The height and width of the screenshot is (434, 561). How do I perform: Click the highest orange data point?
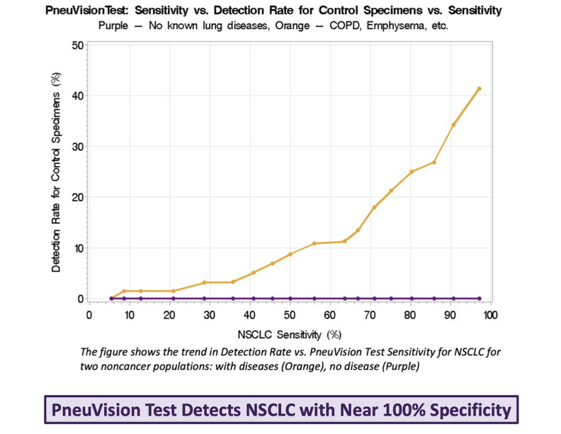click(479, 89)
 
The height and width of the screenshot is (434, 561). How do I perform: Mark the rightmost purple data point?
click(479, 299)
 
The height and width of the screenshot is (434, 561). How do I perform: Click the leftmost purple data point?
click(111, 299)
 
